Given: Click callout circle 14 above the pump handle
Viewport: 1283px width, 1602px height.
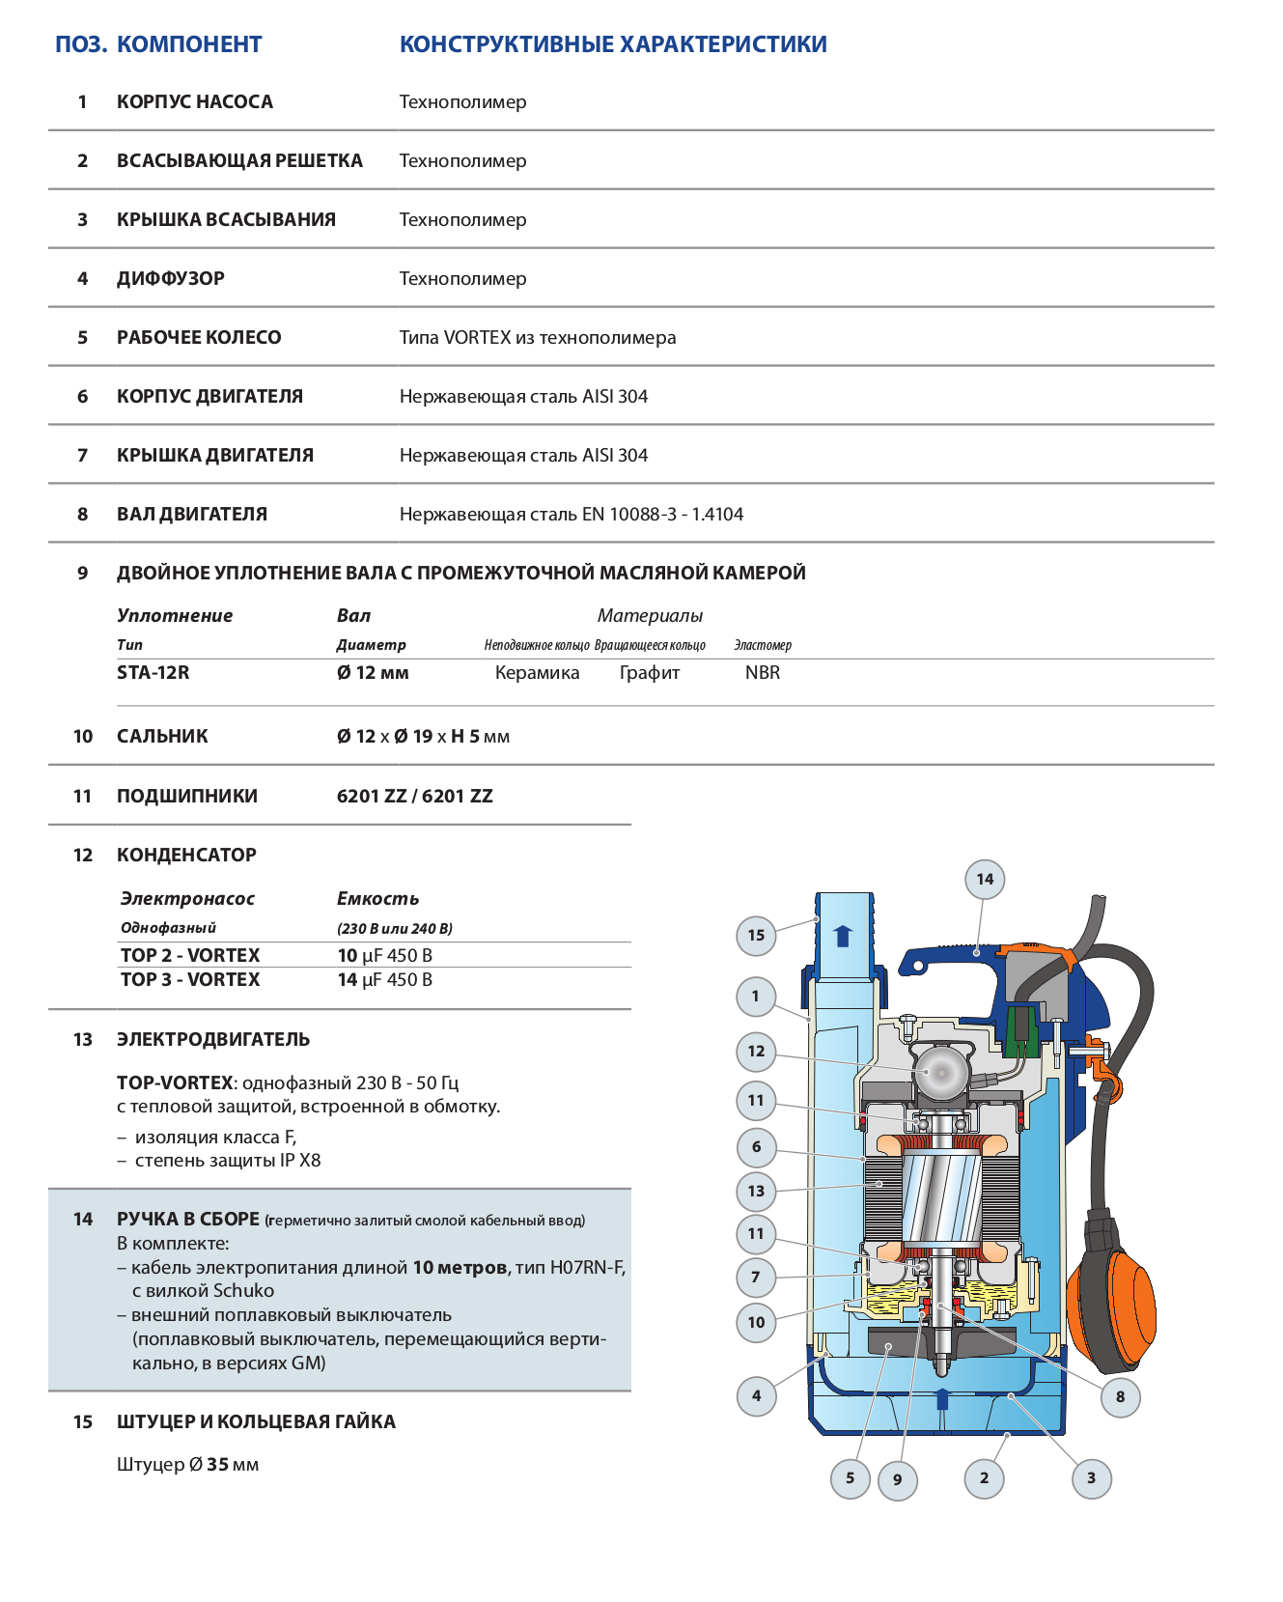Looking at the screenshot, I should (984, 879).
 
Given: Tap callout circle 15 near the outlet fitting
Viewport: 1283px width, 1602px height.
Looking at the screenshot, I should (756, 935).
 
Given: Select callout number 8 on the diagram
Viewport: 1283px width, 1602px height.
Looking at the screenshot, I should (1120, 1396).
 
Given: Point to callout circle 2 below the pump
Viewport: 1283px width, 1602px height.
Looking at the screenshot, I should (984, 1477).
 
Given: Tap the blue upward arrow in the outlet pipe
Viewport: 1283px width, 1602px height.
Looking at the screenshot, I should (843, 935).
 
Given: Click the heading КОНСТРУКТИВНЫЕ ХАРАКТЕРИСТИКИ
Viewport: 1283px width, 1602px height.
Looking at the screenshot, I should (613, 44).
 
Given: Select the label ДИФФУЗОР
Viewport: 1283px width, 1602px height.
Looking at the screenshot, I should (171, 279).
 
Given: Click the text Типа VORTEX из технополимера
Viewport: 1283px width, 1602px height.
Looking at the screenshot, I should (538, 338).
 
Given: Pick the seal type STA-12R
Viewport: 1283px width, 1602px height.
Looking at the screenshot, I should (153, 673).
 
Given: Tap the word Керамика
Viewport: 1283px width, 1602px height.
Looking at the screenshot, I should (537, 673).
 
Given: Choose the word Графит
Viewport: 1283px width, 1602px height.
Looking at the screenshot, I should (650, 673).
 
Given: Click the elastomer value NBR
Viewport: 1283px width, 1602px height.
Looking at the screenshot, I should (763, 673).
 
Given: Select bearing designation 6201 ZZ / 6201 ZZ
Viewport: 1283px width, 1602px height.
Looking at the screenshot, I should (415, 797).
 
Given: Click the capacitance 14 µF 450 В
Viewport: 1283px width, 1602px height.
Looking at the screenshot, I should (385, 980).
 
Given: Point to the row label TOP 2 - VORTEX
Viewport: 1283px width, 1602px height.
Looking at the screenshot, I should (190, 956).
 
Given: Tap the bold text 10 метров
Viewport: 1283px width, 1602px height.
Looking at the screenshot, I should (460, 1268).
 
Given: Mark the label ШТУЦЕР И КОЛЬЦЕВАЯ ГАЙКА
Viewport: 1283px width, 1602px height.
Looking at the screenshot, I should (256, 1422).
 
